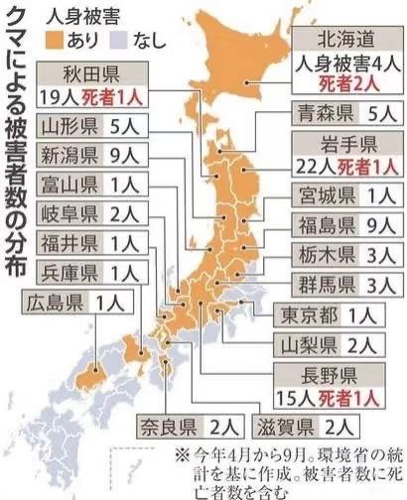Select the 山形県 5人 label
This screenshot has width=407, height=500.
tap(82, 126)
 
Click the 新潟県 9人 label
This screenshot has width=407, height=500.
tap(82, 154)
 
